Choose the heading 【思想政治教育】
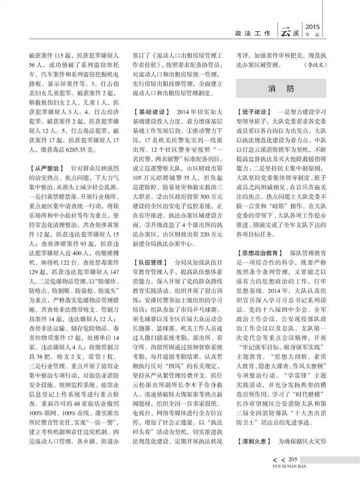tap(259, 252)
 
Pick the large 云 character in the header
tap(285, 31)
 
